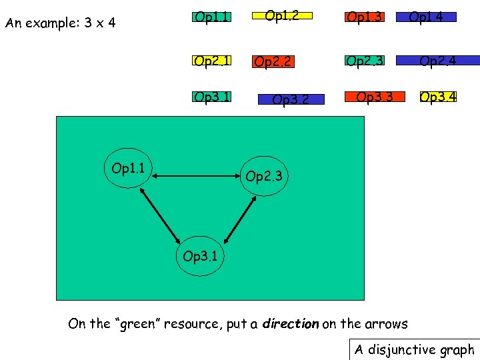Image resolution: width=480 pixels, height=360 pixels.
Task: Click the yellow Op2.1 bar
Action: [x=211, y=61]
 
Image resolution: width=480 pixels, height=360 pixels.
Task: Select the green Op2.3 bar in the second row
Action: [x=365, y=61]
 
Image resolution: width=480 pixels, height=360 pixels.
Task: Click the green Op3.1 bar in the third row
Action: [x=211, y=98]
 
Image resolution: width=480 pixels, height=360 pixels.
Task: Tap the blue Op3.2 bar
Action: [x=291, y=100]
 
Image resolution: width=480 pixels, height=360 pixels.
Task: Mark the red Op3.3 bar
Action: [x=375, y=97]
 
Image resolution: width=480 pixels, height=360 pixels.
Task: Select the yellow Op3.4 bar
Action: [x=438, y=98]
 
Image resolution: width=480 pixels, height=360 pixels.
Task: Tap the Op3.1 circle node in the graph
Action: [x=201, y=255]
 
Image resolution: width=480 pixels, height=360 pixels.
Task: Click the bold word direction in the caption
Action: [x=291, y=324]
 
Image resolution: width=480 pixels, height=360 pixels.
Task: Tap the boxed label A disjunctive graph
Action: [x=414, y=349]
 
